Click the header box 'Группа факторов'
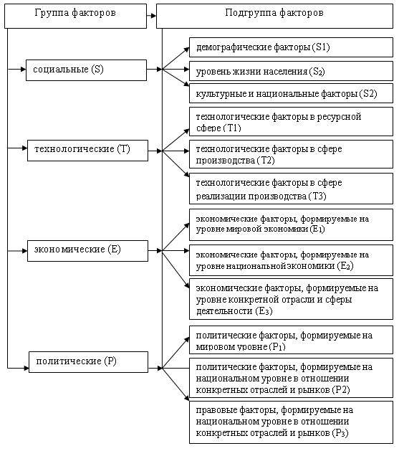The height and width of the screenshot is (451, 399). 75,16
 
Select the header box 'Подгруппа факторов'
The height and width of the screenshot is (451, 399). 274,16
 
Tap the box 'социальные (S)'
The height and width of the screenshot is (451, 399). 86,70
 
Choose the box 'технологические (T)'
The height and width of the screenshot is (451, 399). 87,151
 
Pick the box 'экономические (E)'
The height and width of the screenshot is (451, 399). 87,251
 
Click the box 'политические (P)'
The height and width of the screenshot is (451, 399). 89,362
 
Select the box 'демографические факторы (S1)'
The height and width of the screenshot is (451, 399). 291,47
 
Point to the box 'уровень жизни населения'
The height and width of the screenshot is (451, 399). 291,71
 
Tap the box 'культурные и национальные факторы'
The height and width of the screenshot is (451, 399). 291,93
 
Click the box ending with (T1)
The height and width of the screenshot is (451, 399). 291,122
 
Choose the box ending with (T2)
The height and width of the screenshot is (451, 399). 291,154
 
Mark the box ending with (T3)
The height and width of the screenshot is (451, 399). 291,189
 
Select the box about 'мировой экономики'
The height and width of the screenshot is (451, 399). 291,225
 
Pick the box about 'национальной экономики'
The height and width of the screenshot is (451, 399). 291,260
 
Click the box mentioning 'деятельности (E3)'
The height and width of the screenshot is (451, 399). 291,299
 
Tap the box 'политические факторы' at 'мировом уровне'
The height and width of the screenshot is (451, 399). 291,340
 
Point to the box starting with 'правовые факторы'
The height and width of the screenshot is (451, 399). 291,422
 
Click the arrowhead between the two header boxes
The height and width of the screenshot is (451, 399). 154,16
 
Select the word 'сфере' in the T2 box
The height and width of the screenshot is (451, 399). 330,149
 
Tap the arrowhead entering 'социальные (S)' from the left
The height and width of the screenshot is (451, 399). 23,69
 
